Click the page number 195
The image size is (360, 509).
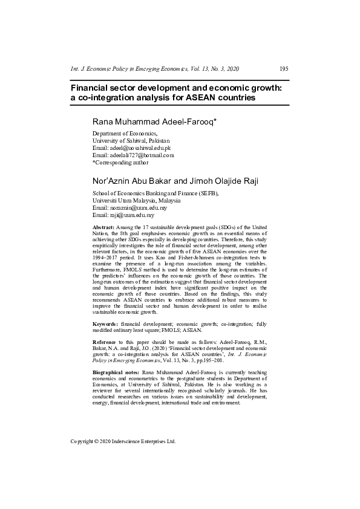[284, 69]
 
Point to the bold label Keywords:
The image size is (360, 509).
[106, 325]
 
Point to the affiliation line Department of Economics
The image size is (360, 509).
[125, 133]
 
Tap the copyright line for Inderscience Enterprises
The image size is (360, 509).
[123, 441]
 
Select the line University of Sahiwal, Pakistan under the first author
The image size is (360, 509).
[131, 140]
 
